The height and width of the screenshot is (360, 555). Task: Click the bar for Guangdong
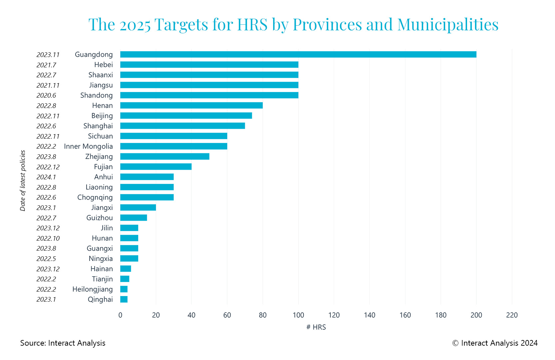click(x=298, y=54)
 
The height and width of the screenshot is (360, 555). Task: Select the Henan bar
click(x=191, y=105)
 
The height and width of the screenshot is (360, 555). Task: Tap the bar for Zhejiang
click(x=165, y=156)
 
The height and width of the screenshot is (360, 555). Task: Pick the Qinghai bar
click(x=124, y=299)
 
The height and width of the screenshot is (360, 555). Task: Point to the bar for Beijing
click(x=186, y=116)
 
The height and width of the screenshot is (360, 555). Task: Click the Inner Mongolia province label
click(x=88, y=146)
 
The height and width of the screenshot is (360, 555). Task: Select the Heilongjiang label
click(x=92, y=289)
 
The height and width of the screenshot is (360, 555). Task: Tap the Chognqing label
click(x=95, y=197)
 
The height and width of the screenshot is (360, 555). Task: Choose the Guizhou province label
click(x=99, y=218)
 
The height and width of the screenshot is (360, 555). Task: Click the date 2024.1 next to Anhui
click(x=46, y=177)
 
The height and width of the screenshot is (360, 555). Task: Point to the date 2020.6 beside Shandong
click(x=46, y=95)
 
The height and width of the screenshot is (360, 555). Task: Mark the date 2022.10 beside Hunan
click(x=48, y=238)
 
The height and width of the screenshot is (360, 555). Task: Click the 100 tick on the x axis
click(x=298, y=315)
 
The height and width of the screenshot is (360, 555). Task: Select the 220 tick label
click(x=512, y=315)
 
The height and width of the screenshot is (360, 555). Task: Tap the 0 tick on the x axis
click(x=120, y=315)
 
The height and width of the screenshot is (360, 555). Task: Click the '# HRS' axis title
click(x=316, y=327)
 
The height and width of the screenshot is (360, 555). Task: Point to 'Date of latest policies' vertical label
click(x=23, y=180)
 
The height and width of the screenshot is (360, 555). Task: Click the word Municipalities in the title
click(x=448, y=24)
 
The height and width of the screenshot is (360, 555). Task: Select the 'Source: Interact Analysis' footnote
click(x=63, y=343)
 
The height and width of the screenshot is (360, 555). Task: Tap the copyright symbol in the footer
click(x=455, y=343)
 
